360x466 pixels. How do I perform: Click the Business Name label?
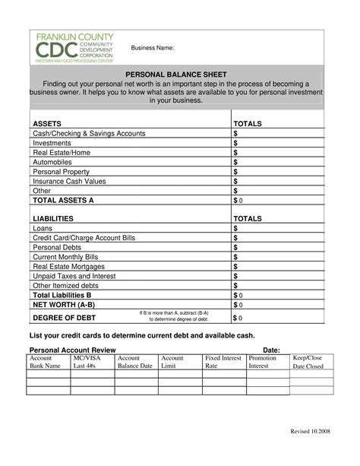point(153,48)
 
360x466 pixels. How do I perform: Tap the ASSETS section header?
point(46,122)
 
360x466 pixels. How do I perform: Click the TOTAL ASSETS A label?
point(63,200)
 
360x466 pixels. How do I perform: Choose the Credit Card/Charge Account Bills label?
point(84,238)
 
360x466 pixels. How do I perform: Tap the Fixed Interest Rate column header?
point(223,361)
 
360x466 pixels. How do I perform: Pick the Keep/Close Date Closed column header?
point(308,361)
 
